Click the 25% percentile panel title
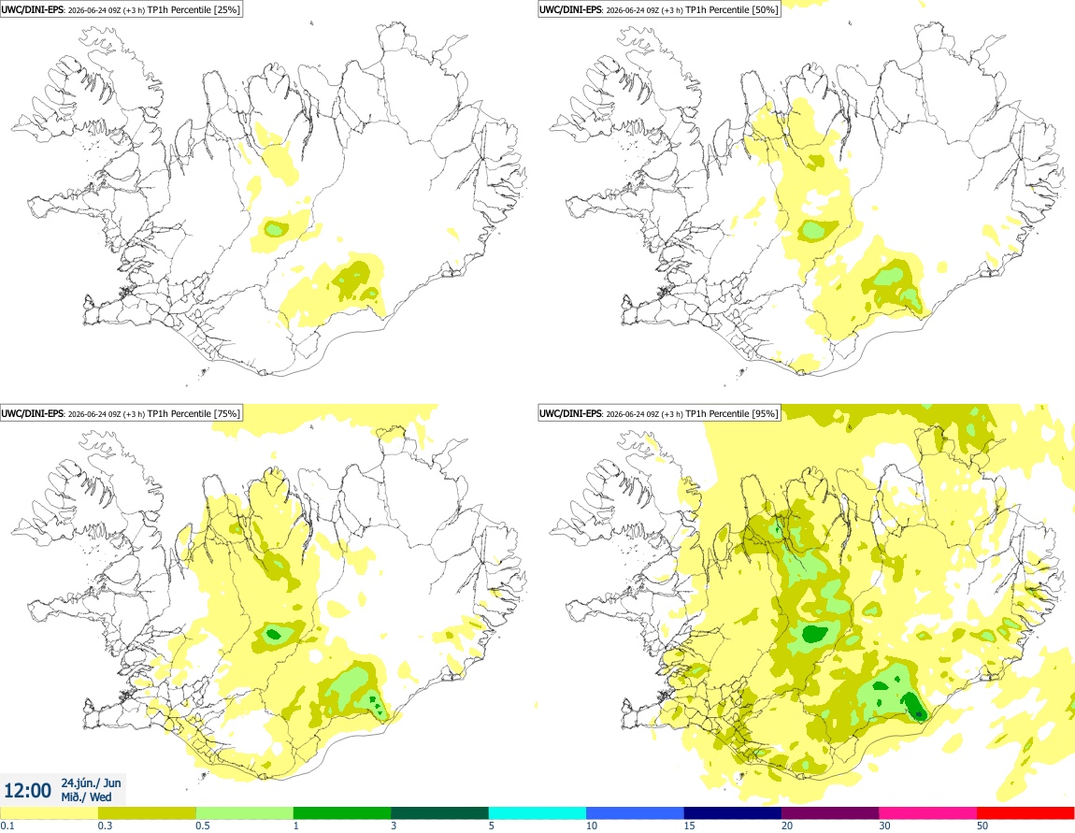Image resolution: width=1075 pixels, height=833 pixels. tap(121, 9)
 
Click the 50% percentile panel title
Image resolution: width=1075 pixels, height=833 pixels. tap(659, 9)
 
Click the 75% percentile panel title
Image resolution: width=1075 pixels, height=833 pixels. tap(121, 413)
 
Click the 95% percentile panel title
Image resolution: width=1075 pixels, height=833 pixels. tap(659, 413)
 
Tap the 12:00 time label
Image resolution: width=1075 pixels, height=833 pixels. tap(27, 791)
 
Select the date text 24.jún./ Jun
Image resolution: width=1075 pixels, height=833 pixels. tap(92, 783)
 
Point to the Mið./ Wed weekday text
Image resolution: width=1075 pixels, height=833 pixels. tap(86, 797)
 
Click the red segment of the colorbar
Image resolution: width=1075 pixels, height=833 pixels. tap(1025, 813)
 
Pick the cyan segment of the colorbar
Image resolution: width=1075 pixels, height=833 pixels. tap(537, 813)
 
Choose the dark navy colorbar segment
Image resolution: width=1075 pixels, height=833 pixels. tap(733, 813)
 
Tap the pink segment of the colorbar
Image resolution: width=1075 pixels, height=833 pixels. tap(928, 813)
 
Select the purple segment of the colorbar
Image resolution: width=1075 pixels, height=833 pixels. tap(830, 813)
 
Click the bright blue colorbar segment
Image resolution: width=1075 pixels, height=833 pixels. tap(635, 813)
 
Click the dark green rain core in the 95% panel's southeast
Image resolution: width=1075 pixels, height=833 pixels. tap(914, 706)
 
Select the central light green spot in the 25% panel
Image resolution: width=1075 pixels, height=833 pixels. tap(275, 228)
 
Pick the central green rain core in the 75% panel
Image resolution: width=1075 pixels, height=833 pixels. tap(274, 634)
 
